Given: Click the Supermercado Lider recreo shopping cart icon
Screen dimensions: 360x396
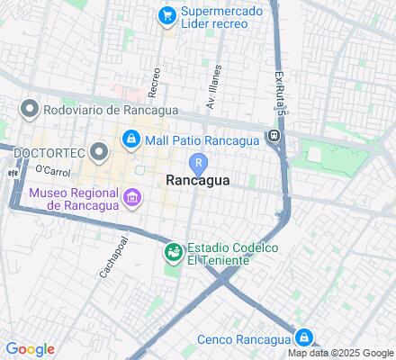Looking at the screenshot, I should tap(166, 14).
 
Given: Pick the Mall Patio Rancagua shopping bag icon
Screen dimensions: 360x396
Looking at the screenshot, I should tap(131, 139).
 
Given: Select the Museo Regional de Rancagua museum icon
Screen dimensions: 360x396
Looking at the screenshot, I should tap(132, 197).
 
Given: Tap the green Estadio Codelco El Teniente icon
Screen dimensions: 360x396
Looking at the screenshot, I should tap(172, 254).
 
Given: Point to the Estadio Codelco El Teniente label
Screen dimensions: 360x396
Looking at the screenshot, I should tap(230, 254).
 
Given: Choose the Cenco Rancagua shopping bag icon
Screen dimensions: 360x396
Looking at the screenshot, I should tap(305, 338).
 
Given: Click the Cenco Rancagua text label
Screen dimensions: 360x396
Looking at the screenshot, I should tap(245, 339).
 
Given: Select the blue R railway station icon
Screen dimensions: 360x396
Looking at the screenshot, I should tap(198, 162).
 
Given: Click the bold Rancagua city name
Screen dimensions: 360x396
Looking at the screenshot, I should tap(198, 180).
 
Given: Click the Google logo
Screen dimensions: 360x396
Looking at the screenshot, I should tap(30, 349).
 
